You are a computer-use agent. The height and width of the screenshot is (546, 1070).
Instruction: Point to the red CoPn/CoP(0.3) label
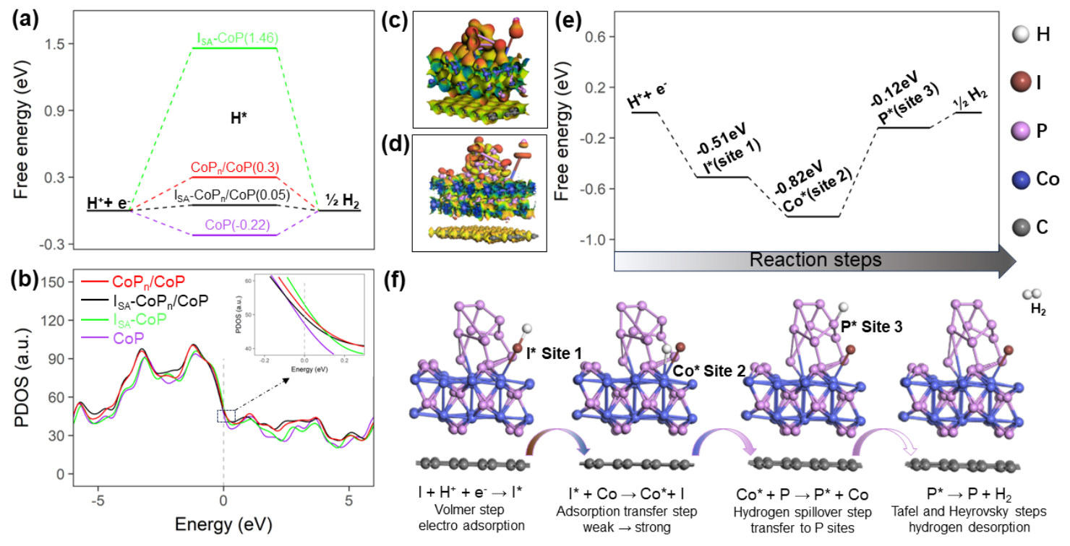[235, 168]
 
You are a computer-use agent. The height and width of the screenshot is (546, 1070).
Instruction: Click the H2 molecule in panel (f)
[1034, 296]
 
